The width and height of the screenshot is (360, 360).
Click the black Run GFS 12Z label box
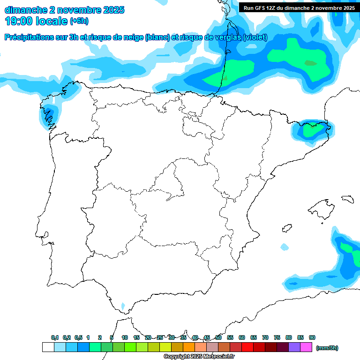click(299, 7)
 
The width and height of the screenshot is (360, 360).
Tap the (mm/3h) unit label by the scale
click(327, 348)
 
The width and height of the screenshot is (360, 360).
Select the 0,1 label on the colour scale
click(54, 337)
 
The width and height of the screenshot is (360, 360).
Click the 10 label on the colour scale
click(125, 337)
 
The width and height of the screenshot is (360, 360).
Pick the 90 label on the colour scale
click(312, 337)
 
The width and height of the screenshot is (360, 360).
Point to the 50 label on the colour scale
click(218, 337)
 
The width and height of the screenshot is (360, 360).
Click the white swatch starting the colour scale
click(48, 347)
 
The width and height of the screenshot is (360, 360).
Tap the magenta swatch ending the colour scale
click(306, 347)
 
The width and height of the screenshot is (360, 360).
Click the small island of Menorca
click(347, 199)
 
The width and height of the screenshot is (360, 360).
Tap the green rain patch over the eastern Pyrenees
click(310, 130)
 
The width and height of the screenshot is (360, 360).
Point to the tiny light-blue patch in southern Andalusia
click(123, 306)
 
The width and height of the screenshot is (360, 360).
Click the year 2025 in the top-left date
click(112, 10)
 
